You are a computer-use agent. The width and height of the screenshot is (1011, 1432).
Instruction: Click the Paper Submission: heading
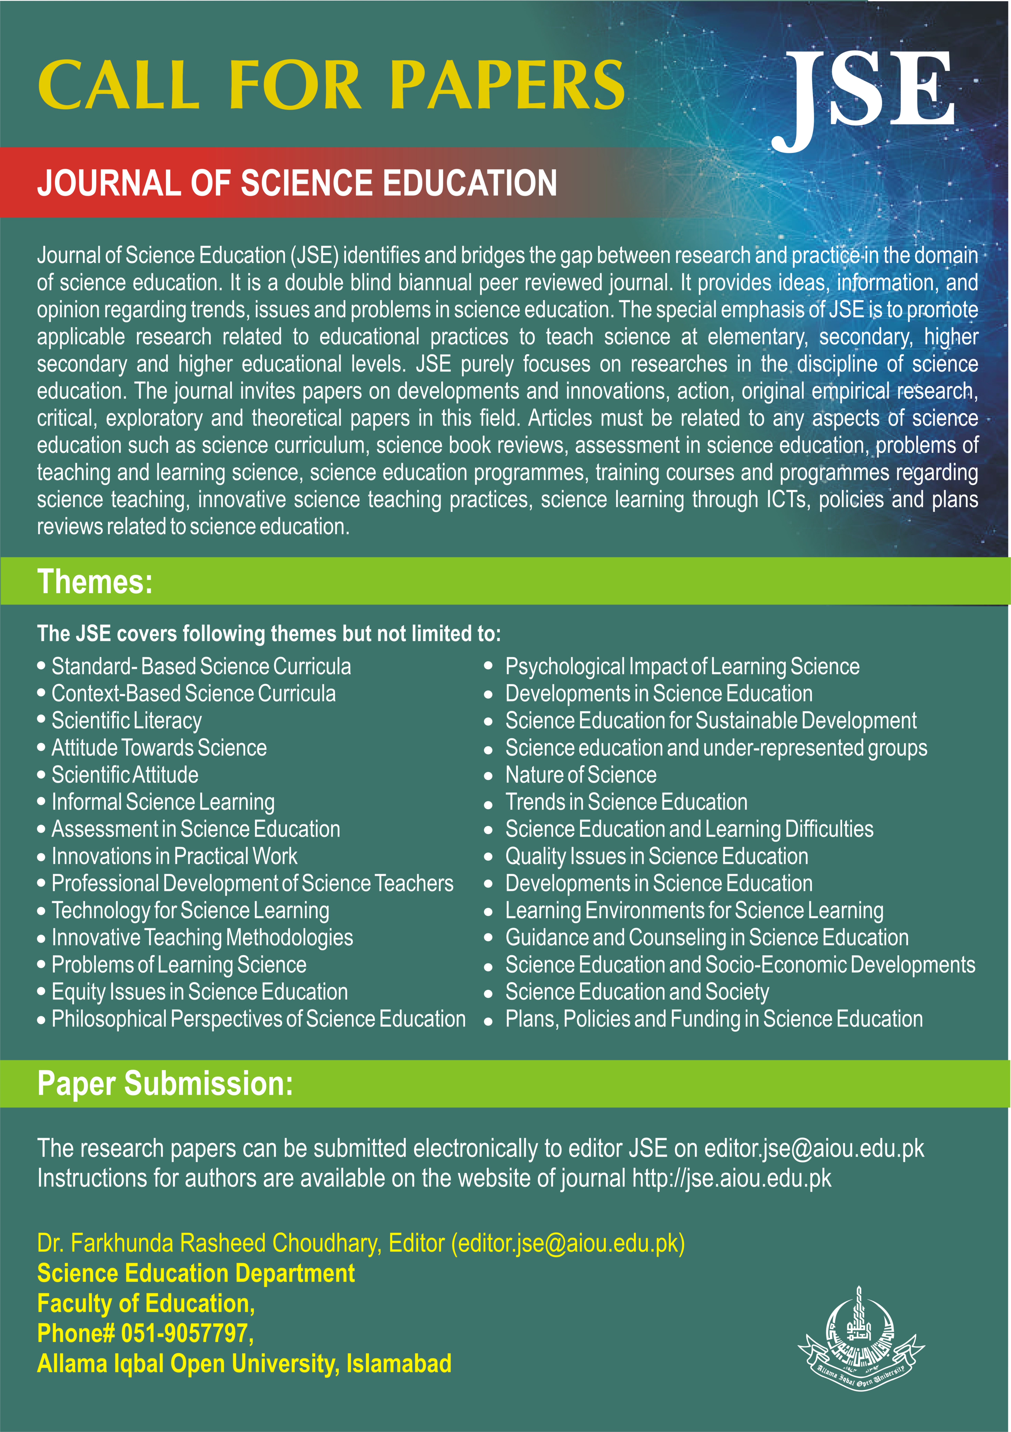165,1083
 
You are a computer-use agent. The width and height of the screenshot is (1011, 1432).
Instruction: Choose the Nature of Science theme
580,775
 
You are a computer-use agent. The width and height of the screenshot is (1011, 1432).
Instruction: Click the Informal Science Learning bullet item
163,802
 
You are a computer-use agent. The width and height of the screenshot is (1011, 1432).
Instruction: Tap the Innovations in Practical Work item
174,856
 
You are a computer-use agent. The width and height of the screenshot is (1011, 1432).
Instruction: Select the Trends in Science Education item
626,802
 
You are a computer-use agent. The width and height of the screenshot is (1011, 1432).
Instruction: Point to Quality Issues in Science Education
657,856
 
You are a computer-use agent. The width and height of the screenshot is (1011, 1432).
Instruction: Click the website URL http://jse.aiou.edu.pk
731,1179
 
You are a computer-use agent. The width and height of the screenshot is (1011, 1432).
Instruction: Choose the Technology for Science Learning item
190,911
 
